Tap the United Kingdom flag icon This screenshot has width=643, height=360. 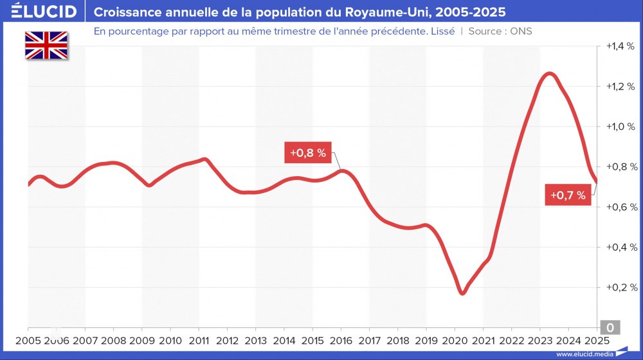(x=46, y=46)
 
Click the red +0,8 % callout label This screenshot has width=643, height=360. (x=307, y=153)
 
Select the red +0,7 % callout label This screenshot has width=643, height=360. (x=568, y=195)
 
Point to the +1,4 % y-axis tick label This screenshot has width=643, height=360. (x=620, y=46)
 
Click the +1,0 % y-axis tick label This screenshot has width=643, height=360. (x=620, y=127)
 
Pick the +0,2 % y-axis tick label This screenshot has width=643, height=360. (x=620, y=287)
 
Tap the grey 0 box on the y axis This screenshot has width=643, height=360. (x=610, y=328)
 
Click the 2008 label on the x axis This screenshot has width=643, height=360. (x=113, y=341)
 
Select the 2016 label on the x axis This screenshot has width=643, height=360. (x=341, y=341)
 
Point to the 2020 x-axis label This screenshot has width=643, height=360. (x=455, y=341)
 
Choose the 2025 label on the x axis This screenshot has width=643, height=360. (x=596, y=341)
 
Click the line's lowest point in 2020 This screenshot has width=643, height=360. (x=462, y=294)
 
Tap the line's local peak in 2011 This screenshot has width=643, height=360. (x=204, y=159)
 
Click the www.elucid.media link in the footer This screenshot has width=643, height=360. (x=584, y=354)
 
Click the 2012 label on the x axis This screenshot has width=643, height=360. (x=227, y=341)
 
